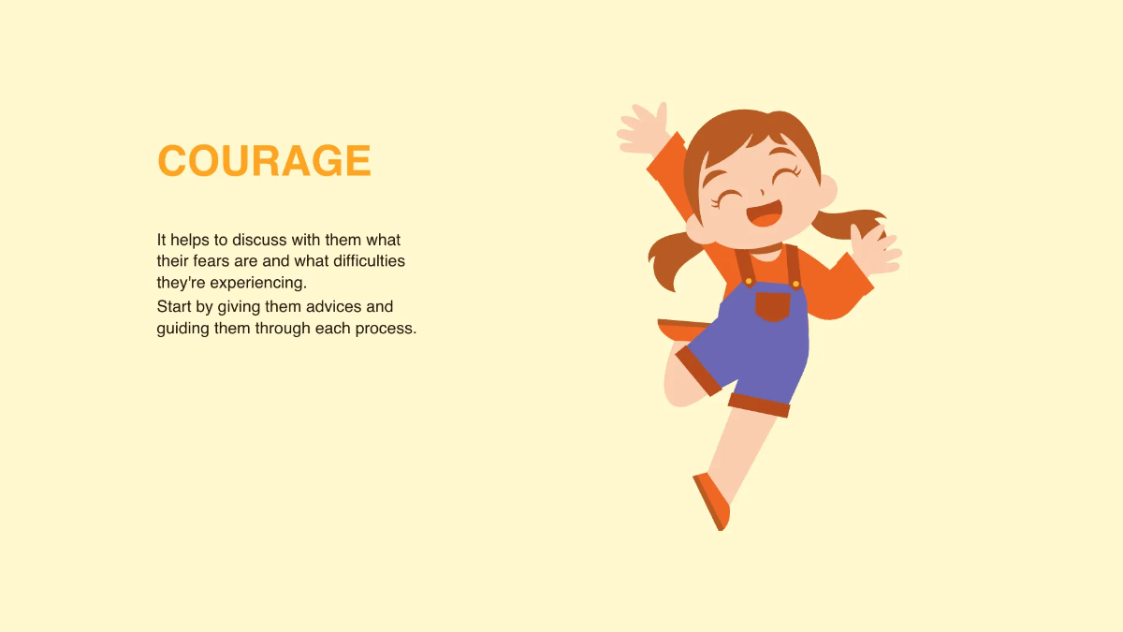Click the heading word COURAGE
coord(264,161)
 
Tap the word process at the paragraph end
coord(385,330)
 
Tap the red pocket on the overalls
coord(773,306)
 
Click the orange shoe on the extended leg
coord(713,501)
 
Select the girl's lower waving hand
coord(875,248)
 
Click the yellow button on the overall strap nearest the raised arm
coord(749,280)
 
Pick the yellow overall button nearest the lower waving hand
coord(795,283)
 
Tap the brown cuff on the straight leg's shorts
coord(759,404)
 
